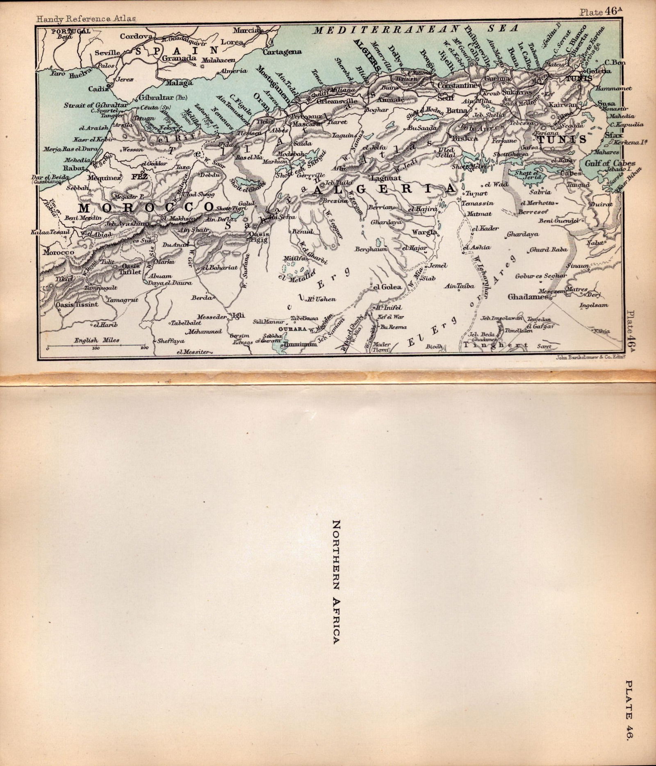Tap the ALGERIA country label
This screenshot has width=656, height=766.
[x=384, y=189]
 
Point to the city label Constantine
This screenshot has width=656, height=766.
[x=458, y=85]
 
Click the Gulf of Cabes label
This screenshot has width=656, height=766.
[x=604, y=163]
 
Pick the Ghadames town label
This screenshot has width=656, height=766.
[x=528, y=296]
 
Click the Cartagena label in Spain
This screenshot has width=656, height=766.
[x=282, y=52]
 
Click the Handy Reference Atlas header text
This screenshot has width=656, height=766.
[x=86, y=18]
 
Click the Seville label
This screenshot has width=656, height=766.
[x=107, y=53]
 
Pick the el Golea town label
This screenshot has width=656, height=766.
[x=387, y=287]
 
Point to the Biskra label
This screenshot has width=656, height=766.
[x=465, y=138]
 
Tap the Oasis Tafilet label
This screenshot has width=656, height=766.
[x=130, y=269]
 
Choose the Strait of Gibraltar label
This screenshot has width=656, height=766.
[x=96, y=105]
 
